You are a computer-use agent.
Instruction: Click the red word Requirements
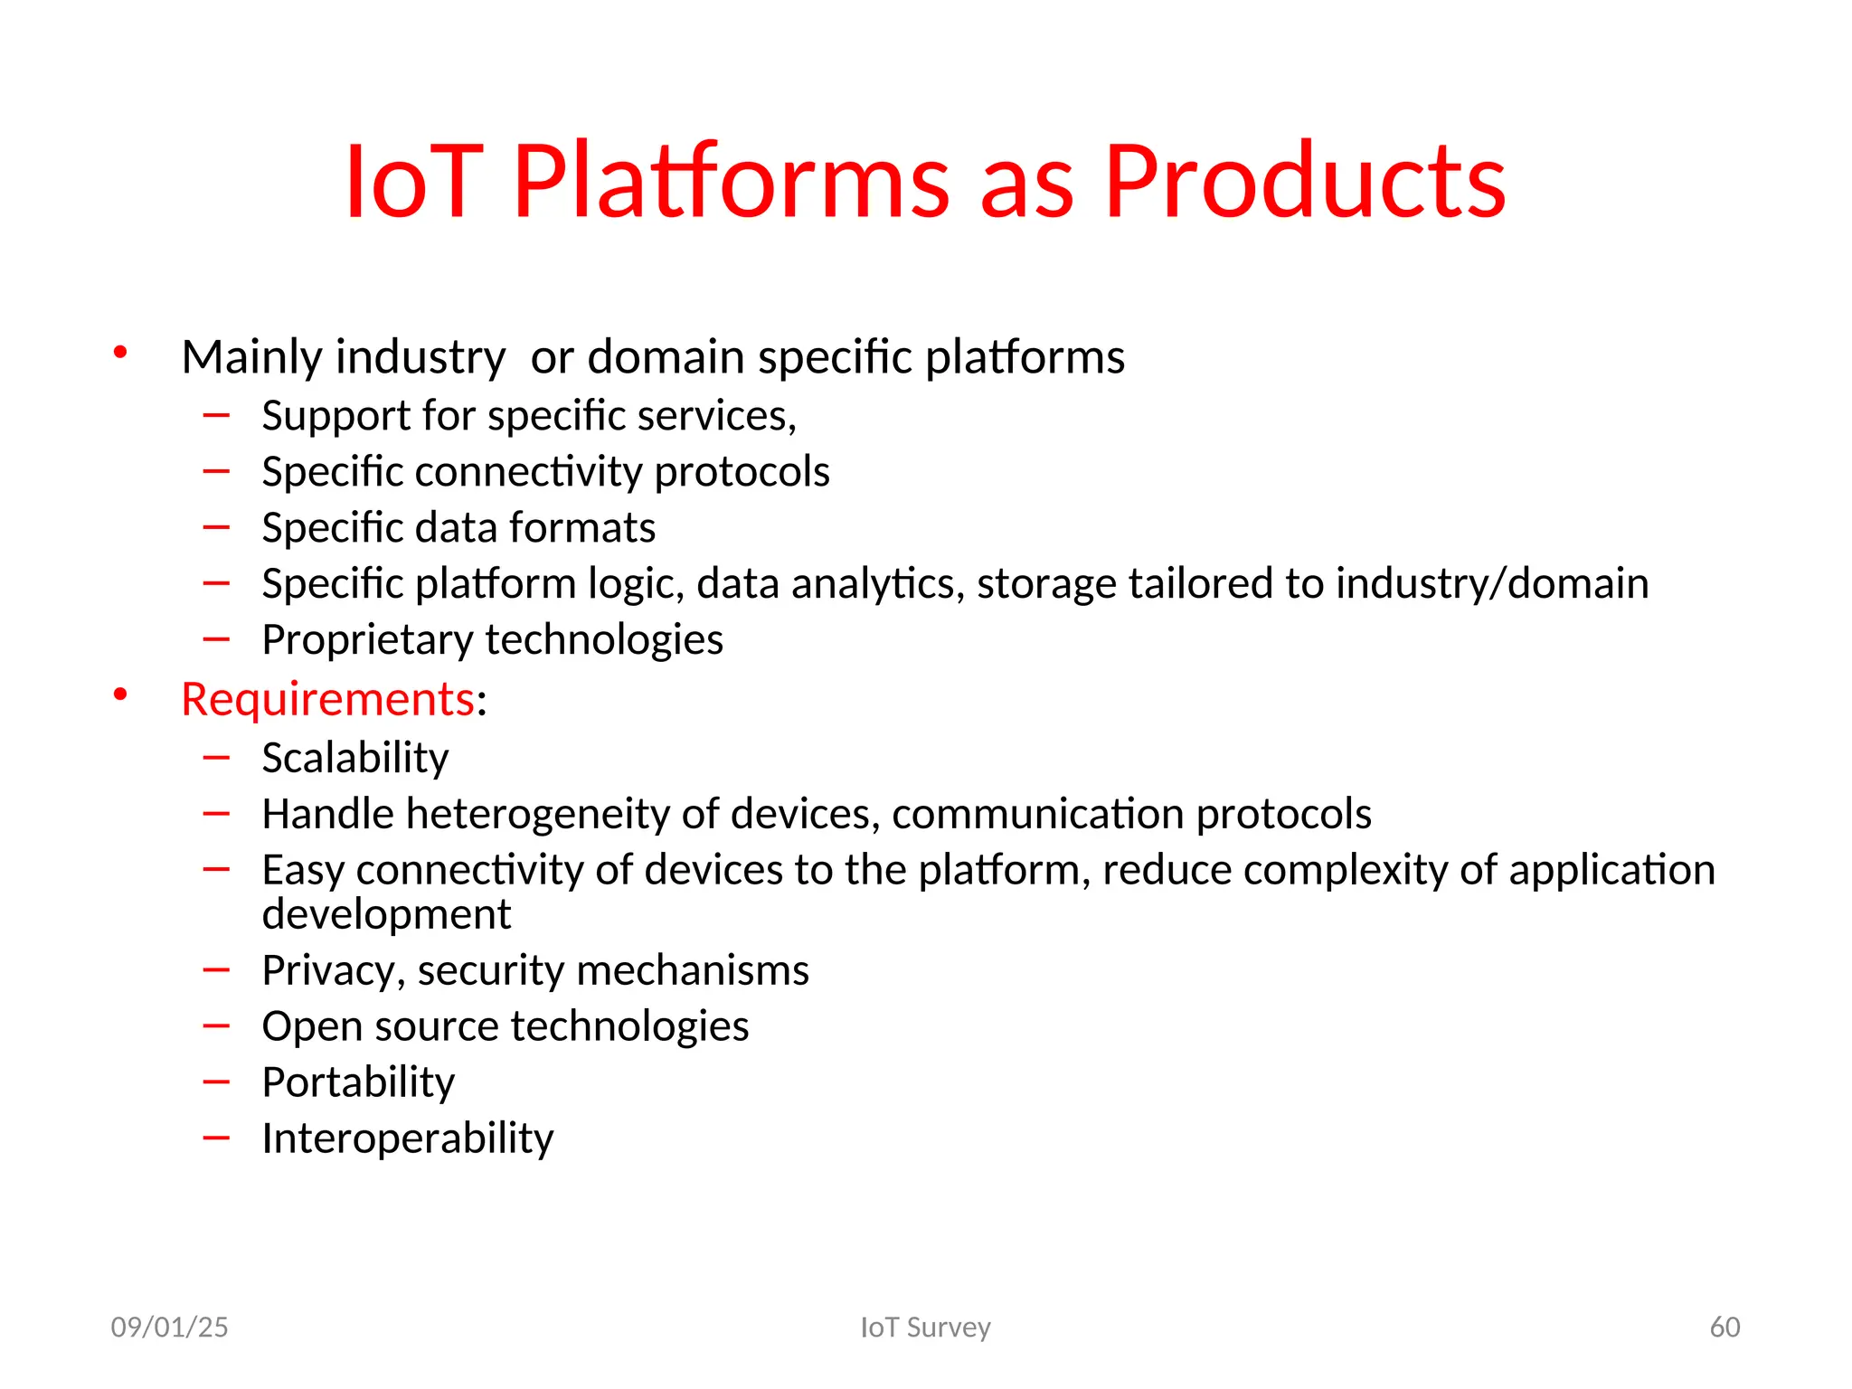(x=327, y=699)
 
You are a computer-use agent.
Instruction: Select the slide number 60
(x=1724, y=1327)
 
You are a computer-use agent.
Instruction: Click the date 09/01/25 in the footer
(x=169, y=1327)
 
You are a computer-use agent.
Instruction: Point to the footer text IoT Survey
(x=925, y=1327)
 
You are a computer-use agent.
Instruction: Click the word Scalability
(x=354, y=758)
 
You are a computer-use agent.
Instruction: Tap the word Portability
(x=358, y=1082)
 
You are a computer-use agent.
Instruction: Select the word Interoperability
(x=407, y=1139)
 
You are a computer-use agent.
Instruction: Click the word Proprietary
(x=366, y=640)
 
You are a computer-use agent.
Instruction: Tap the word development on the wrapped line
(x=386, y=914)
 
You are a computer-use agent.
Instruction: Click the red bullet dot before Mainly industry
(x=120, y=353)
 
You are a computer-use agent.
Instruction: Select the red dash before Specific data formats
(x=216, y=527)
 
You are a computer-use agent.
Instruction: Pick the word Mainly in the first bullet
(x=250, y=357)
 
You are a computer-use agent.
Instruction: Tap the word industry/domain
(x=1491, y=584)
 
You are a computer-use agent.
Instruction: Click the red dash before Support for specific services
(x=216, y=415)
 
